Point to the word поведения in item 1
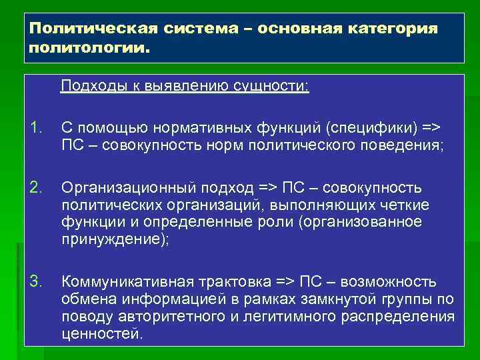click(399, 143)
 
